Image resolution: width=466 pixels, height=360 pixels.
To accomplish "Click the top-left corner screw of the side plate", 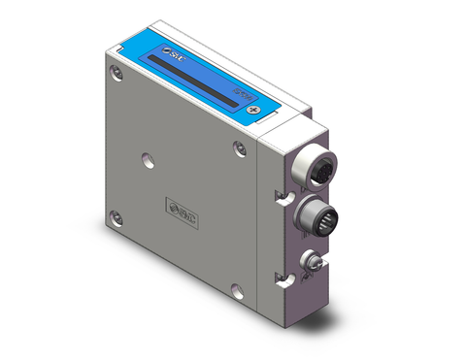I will point(116,71).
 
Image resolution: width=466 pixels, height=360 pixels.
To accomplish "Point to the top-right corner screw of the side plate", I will point(239,147).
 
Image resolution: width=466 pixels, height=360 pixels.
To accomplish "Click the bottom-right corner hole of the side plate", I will point(237,288).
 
